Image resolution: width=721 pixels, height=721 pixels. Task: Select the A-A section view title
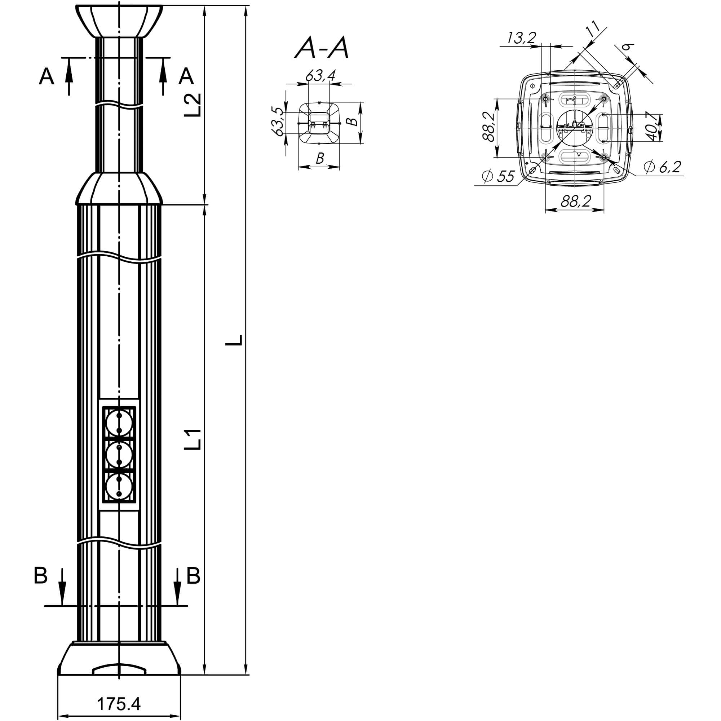[x=322, y=49]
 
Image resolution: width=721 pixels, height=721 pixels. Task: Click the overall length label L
[x=234, y=340]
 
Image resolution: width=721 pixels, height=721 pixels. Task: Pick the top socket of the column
[x=119, y=423]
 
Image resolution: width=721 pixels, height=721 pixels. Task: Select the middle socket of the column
[x=119, y=455]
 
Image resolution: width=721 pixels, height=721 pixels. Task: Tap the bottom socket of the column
[x=119, y=487]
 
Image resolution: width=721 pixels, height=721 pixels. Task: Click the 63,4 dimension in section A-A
[x=320, y=76]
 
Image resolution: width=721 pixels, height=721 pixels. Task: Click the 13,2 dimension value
[x=521, y=38]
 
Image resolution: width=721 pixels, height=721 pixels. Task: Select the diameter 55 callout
[x=498, y=176]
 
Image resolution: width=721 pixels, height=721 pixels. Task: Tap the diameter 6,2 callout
[x=662, y=167]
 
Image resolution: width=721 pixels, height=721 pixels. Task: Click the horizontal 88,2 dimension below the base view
[x=575, y=202]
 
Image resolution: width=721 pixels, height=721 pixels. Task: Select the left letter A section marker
[x=47, y=76]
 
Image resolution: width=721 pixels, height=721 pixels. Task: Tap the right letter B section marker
[x=193, y=576]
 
